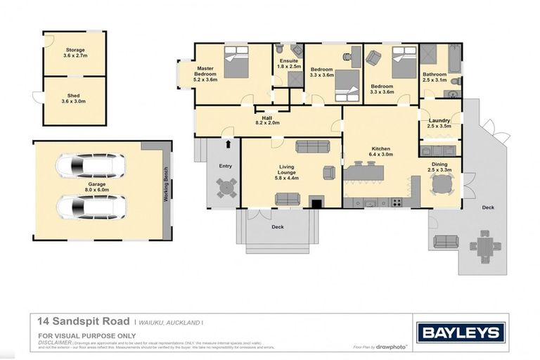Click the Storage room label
(x=75, y=53)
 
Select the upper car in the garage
(x=91, y=167)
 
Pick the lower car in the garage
(x=91, y=207)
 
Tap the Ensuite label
(x=288, y=65)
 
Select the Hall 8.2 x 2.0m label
(x=267, y=120)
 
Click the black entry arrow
(x=228, y=145)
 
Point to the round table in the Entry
(x=226, y=187)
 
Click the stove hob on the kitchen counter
(x=397, y=202)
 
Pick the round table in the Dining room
(x=442, y=184)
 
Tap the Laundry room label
(x=440, y=124)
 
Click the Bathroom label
(x=434, y=77)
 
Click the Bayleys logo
(x=461, y=332)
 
